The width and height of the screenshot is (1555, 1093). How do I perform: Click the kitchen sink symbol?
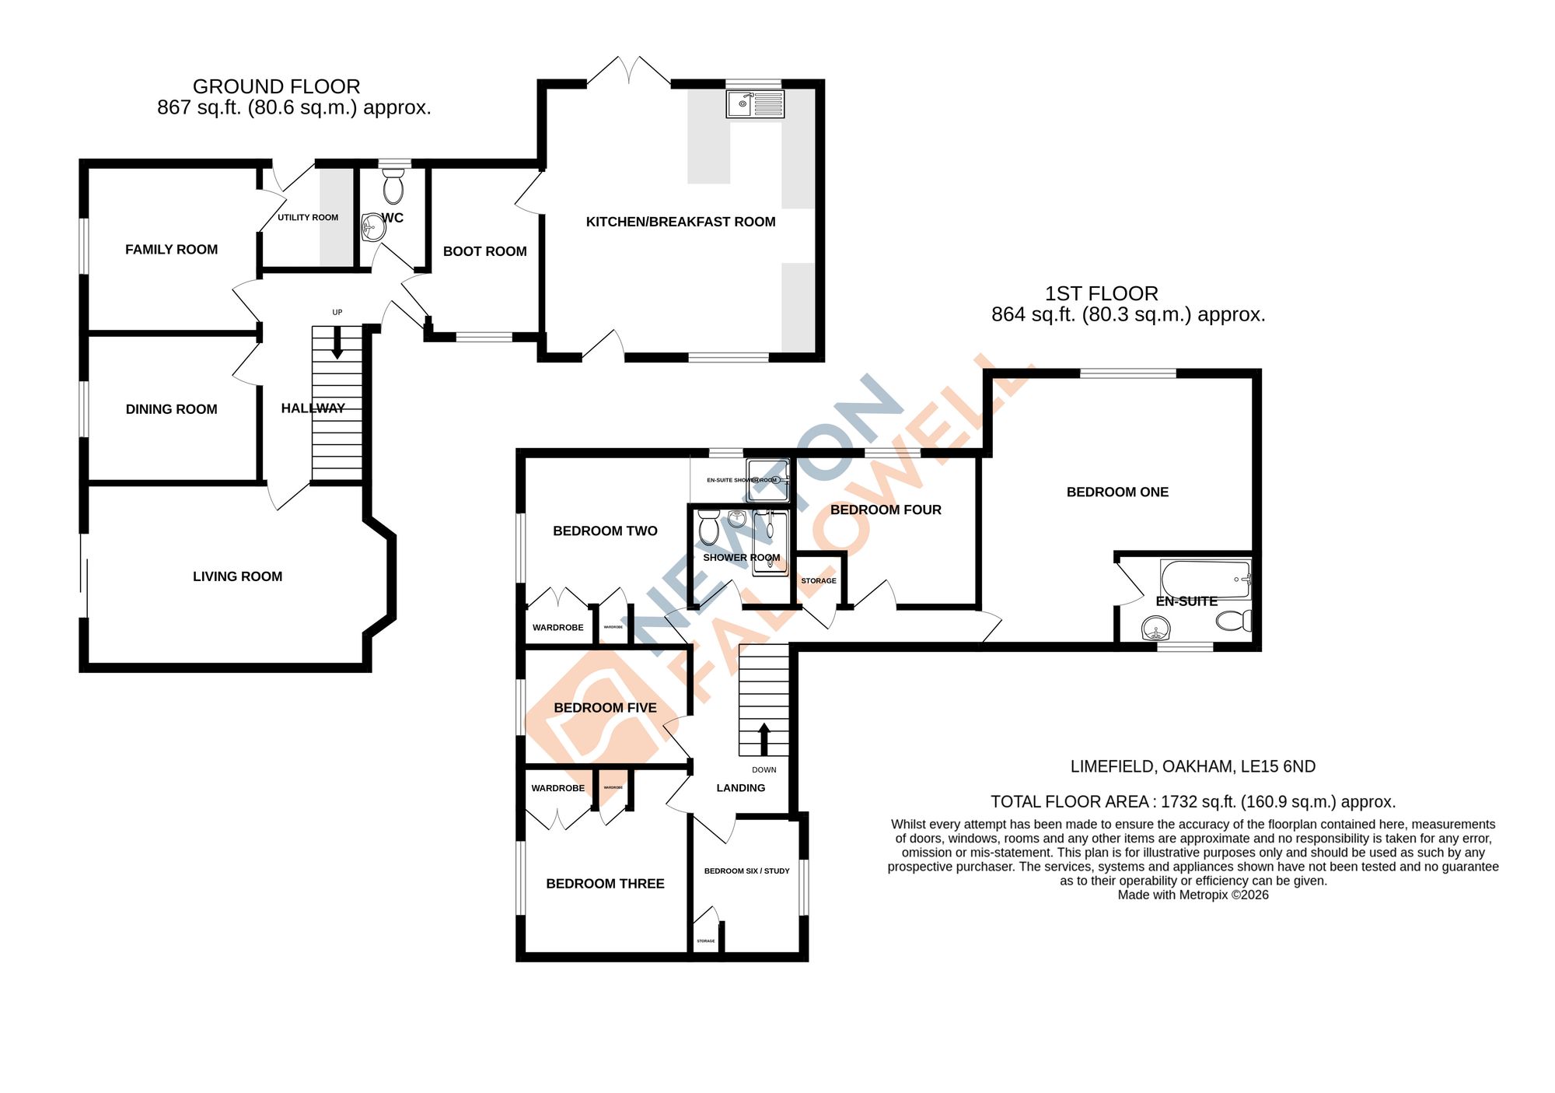754,103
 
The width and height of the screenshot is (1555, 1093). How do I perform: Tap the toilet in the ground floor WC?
393,187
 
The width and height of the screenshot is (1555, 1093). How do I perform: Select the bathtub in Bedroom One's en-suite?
1204,580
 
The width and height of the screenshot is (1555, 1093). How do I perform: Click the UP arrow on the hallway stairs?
337,342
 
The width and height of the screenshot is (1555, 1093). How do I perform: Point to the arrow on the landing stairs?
764,738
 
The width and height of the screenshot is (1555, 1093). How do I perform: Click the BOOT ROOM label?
484,251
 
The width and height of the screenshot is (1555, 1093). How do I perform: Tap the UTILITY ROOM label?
308,218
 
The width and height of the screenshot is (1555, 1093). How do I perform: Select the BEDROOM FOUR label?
886,510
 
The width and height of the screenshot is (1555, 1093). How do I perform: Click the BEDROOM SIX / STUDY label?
746,871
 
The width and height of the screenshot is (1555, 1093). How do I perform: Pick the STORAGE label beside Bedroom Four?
819,581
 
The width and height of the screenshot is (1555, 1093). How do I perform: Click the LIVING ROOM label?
237,576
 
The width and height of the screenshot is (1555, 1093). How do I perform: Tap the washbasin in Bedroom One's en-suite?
1156,628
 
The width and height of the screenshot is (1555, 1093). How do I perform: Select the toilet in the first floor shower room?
708,528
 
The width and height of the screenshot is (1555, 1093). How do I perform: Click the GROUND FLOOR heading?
276,86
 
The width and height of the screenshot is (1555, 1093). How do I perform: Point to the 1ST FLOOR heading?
1101,293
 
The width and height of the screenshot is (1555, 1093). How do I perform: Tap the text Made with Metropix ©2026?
1193,895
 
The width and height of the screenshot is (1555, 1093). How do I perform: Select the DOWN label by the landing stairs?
764,770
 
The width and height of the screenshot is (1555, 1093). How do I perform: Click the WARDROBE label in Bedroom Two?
557,628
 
